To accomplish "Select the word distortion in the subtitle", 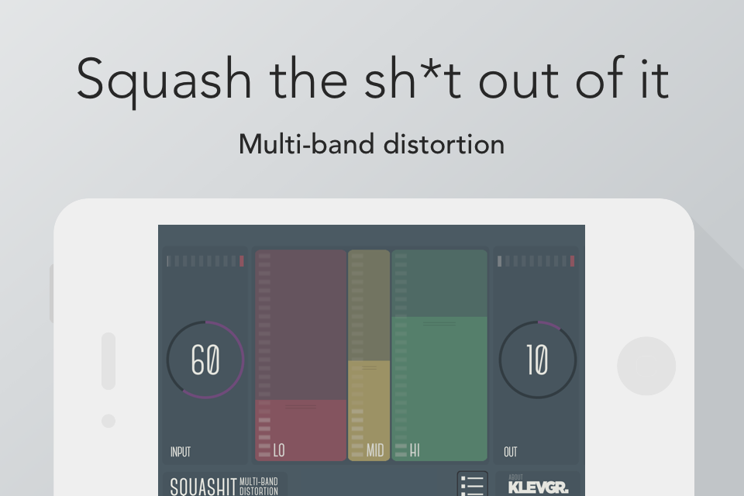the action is tap(443, 144).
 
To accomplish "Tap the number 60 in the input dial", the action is tap(205, 360).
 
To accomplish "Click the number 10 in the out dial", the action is tap(538, 360).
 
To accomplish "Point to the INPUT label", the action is tap(181, 452).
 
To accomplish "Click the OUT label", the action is tap(511, 452).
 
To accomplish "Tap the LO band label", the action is tap(279, 450).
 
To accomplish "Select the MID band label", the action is tap(375, 450).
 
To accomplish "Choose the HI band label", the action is tap(415, 450).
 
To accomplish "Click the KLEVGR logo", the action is tap(538, 487).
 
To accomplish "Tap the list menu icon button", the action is tap(473, 484).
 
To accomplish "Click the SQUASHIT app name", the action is tap(203, 487).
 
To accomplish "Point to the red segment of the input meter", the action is tap(242, 261).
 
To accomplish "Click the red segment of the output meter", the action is tap(572, 261).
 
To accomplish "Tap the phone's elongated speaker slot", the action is tap(108, 361).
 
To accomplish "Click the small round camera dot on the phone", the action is tap(108, 421).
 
